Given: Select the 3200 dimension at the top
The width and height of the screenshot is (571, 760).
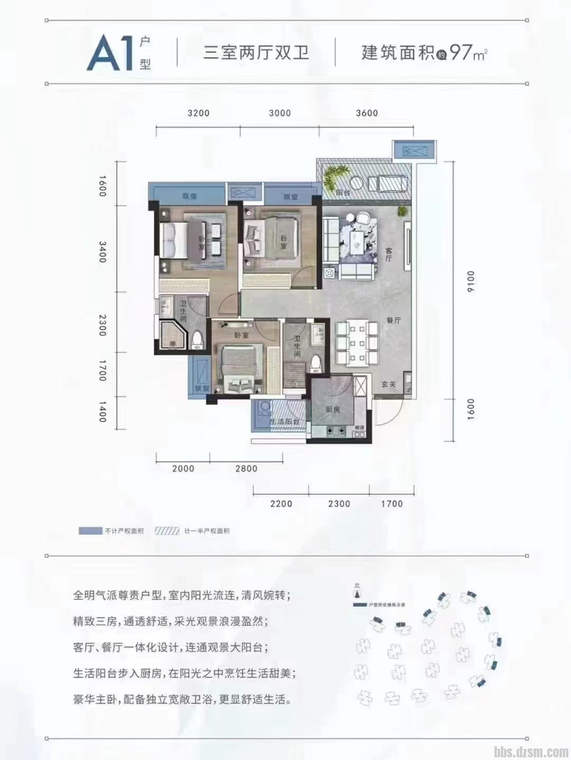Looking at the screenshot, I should click(x=198, y=113).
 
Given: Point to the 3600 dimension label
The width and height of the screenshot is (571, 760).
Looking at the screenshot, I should click(x=366, y=113).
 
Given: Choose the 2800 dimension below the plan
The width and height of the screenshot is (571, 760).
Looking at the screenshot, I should click(x=246, y=468).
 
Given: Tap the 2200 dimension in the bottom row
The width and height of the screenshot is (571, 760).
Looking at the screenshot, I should click(x=281, y=504).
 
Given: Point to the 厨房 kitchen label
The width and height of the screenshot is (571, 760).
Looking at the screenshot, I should click(x=332, y=409).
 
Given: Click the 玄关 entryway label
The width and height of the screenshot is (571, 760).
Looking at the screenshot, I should click(x=389, y=385).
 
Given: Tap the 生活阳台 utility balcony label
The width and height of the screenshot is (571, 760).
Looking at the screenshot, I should click(x=285, y=422).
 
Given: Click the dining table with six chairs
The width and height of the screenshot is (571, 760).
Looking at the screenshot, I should click(x=357, y=343).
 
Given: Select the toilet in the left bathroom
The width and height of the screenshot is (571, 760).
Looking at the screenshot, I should click(x=197, y=341).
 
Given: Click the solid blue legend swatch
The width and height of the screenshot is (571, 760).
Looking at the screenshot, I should click(x=90, y=531).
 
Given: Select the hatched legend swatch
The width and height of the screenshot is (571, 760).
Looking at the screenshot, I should click(x=168, y=531).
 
